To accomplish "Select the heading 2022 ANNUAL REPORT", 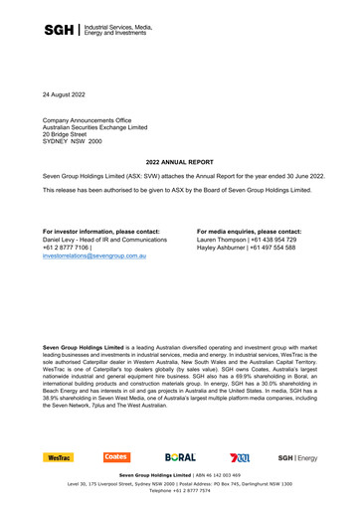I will point(179,160).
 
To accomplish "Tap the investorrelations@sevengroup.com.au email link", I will point(94,256).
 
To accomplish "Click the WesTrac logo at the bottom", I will point(58,457).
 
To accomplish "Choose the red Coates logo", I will point(116,457).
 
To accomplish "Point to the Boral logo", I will point(181,457).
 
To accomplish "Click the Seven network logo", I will point(239,457).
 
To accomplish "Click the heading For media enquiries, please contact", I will point(249,230).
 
